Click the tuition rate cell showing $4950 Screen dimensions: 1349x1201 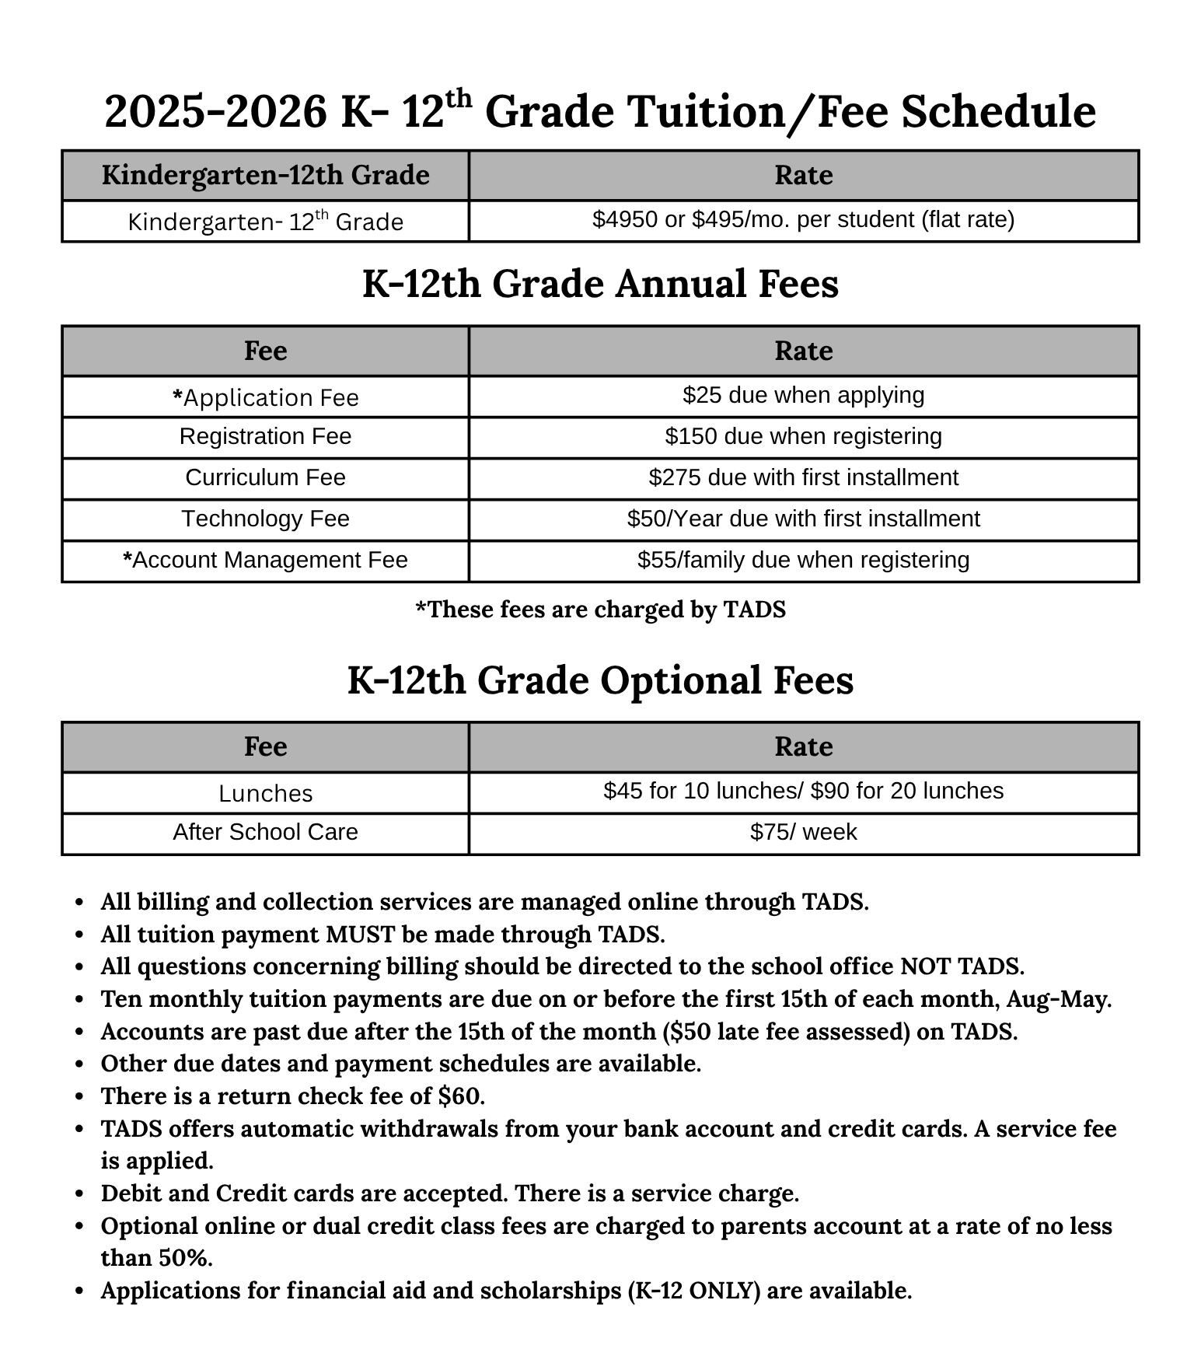pos(803,221)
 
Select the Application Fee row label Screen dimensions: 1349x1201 pos(265,398)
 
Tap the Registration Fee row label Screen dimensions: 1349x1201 pos(265,437)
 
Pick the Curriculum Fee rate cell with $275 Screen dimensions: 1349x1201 pos(803,478)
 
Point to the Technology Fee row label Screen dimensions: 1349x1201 pos(265,519)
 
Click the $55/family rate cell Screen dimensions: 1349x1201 pos(803,561)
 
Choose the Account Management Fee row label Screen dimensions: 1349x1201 pos(265,561)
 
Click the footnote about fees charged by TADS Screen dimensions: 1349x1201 pos(600,610)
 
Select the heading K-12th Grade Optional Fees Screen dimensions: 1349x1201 pos(600,680)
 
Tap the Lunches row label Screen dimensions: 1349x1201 pos(265,794)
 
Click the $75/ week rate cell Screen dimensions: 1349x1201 pos(803,833)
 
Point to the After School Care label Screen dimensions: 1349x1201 pos(265,833)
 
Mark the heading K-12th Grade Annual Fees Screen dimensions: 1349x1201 pos(600,284)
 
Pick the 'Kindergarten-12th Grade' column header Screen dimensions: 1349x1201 pos(265,176)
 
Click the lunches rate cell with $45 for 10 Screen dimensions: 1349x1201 pos(803,792)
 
